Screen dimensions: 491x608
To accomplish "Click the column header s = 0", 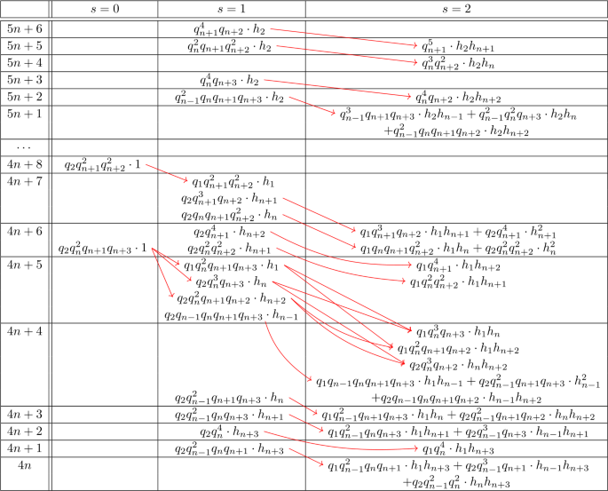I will click(103, 8).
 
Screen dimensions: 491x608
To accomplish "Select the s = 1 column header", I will click(232, 8).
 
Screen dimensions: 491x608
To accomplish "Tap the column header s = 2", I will click(455, 8).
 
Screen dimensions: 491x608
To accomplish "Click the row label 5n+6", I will click(25, 28).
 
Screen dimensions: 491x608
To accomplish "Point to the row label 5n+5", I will click(25, 45).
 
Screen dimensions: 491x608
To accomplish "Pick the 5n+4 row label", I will click(25, 62).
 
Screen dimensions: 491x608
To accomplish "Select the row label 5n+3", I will click(25, 79).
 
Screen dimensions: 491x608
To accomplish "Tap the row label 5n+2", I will click(25, 96).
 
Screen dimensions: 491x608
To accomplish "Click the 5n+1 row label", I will click(25, 113).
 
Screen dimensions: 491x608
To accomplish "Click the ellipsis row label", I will click(25, 147).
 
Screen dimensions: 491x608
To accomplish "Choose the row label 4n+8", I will click(25, 163).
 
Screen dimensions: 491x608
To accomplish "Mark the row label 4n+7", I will click(25, 180).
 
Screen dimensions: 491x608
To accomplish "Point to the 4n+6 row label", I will click(25, 231).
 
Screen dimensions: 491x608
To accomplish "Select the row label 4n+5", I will click(25, 264).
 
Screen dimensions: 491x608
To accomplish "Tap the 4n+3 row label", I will click(25, 414).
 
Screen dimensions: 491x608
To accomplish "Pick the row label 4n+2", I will click(25, 431).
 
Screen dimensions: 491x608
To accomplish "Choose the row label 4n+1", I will click(25, 447).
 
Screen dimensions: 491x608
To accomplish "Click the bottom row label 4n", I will click(25, 464).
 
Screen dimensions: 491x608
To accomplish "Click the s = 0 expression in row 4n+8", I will click(103, 164).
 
